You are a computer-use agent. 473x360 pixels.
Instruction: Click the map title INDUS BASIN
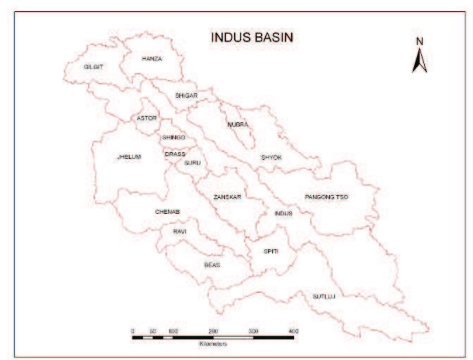pos(252,37)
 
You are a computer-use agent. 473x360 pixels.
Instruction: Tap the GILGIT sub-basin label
pos(93,67)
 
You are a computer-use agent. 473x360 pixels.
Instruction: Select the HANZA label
pos(152,59)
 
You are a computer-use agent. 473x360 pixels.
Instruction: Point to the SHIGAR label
pos(186,95)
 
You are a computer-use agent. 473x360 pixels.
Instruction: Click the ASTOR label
pos(147,118)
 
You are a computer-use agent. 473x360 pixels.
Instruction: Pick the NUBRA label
pos(238,125)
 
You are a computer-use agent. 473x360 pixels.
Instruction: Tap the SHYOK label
pos(271,158)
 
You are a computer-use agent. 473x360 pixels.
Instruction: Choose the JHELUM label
pos(129,157)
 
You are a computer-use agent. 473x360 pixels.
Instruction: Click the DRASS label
pos(175,154)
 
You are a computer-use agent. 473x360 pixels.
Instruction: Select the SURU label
pos(192,163)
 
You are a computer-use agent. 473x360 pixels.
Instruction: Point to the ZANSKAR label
pos(227,197)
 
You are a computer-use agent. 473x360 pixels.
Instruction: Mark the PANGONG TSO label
pos(326,197)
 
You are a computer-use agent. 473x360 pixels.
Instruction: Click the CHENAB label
pos(167,212)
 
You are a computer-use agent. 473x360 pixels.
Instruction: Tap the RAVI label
pos(180,232)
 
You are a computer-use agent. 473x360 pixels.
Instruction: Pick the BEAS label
pos(212,265)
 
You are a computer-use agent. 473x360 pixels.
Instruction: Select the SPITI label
pos(271,251)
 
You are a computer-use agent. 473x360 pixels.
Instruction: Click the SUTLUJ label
pos(324,296)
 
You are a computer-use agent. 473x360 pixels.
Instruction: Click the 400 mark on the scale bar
pos(293,331)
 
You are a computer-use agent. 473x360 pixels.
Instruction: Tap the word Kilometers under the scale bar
pos(213,344)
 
